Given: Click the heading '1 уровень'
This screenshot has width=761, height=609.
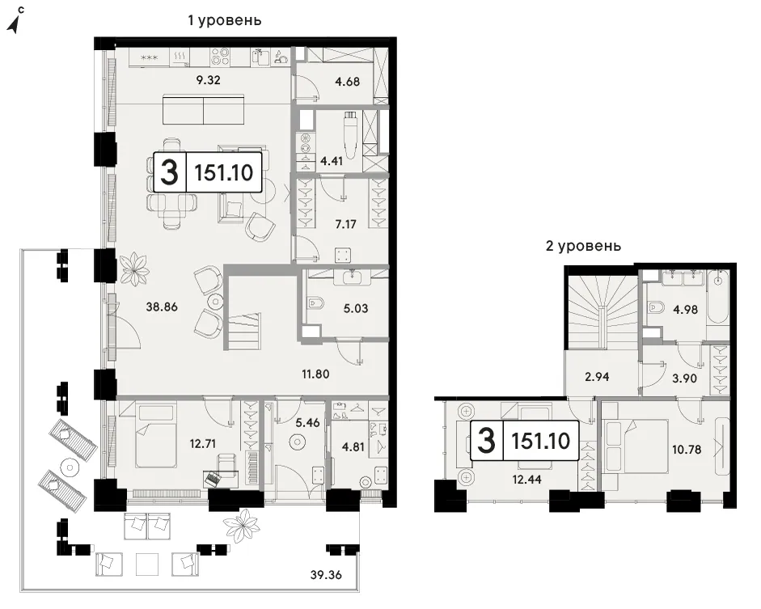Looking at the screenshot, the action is (x=225, y=20).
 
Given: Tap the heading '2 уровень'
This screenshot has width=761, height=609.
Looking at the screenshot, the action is (x=583, y=246).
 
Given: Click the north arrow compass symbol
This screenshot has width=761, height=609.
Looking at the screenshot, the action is (x=16, y=21).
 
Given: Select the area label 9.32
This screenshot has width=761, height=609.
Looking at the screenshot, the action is (x=208, y=80).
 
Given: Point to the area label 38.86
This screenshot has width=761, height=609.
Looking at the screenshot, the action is (x=162, y=307).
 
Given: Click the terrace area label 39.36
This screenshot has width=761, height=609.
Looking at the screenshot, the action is (x=326, y=575).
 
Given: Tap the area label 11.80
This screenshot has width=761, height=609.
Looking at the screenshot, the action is (x=315, y=374).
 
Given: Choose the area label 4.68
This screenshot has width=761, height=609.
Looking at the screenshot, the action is (x=347, y=82).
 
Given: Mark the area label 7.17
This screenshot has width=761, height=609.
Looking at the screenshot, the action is (x=345, y=224).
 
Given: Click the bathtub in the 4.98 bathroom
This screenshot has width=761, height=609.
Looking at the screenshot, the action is (x=717, y=297).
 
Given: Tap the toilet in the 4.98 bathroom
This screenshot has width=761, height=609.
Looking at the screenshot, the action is (x=656, y=307).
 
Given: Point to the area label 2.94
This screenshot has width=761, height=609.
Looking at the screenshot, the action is (x=597, y=377).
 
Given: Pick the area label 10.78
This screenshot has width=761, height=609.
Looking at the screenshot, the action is (x=687, y=450).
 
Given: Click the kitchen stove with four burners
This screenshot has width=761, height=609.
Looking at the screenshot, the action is (x=221, y=57).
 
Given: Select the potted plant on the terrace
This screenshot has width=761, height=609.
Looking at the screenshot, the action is (x=242, y=525).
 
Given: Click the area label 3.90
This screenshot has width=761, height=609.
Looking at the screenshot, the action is (x=684, y=378).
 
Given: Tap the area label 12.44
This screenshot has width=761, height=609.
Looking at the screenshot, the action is (x=526, y=480).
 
